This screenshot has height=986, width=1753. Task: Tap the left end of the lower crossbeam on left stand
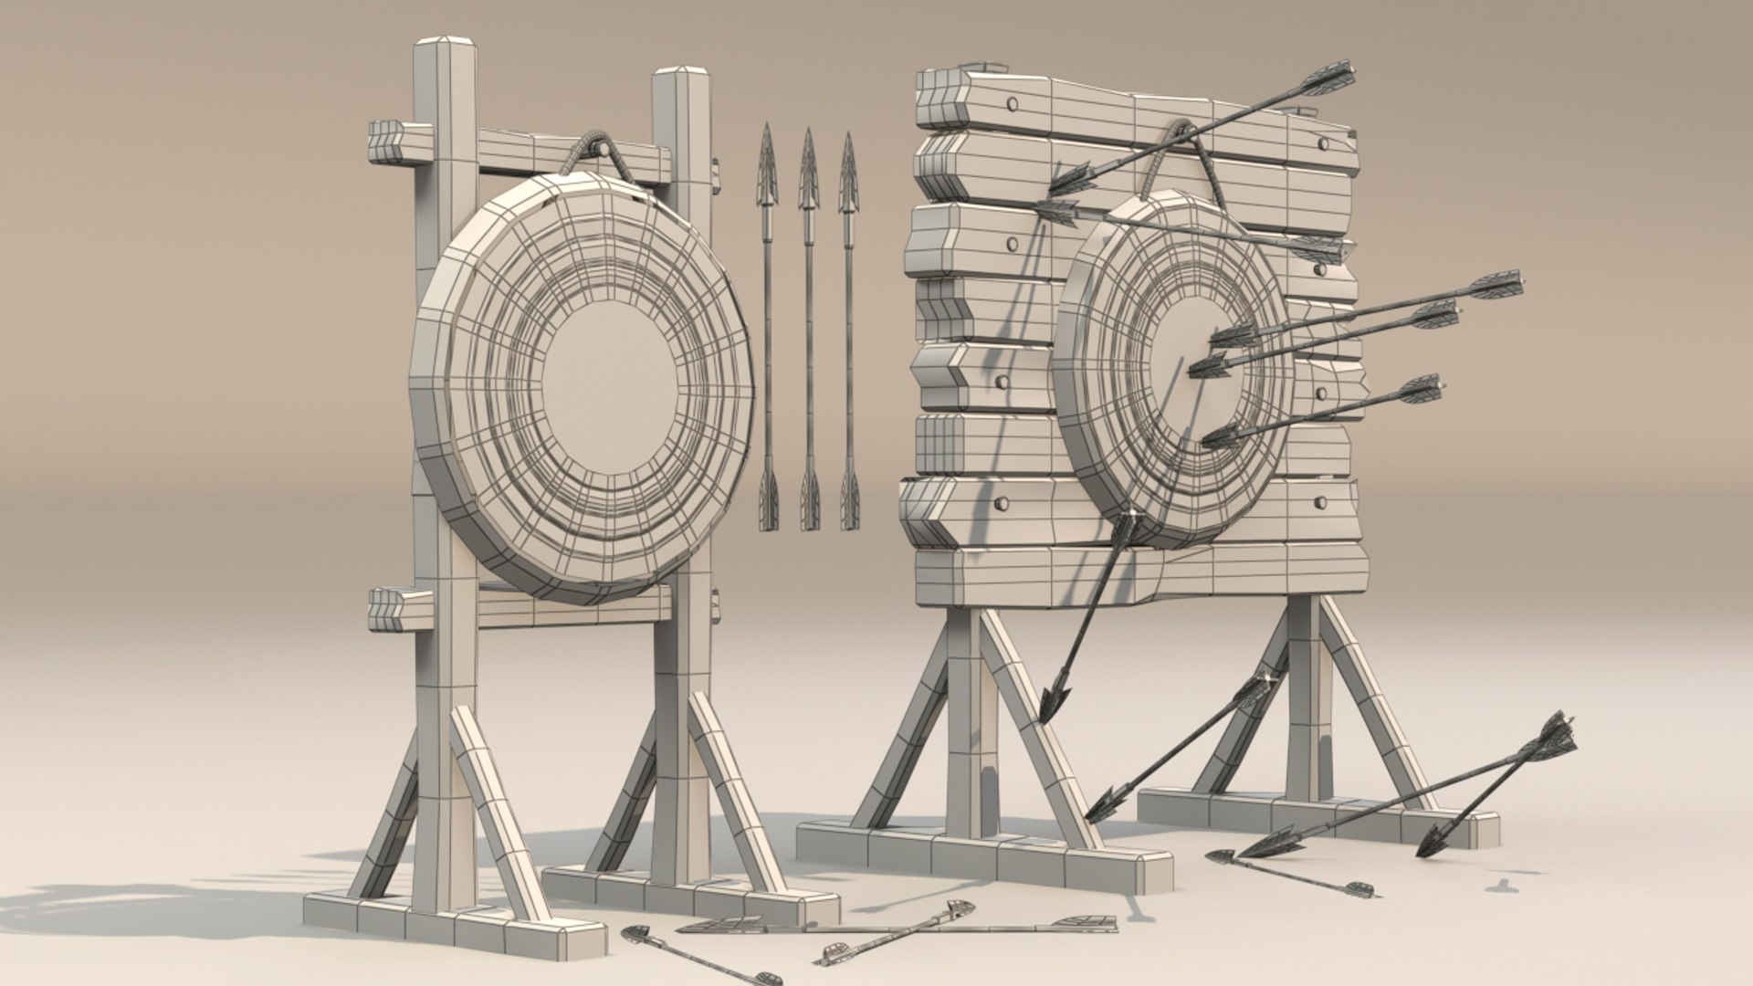(383, 610)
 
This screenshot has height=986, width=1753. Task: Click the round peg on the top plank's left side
(1011, 103)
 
